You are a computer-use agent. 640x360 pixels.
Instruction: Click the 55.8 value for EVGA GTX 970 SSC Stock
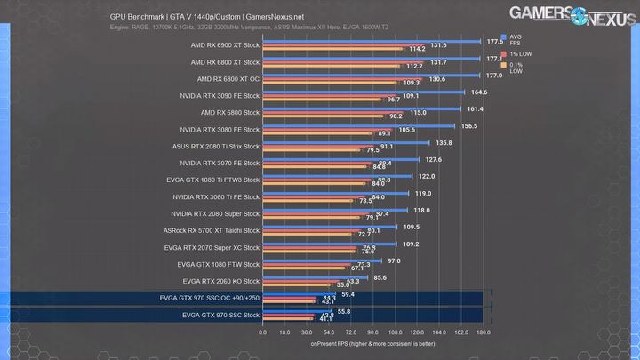pos(343,311)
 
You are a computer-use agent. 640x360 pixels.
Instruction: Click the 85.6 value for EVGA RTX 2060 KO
pos(380,277)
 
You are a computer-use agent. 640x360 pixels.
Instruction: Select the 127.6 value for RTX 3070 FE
pos(433,160)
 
